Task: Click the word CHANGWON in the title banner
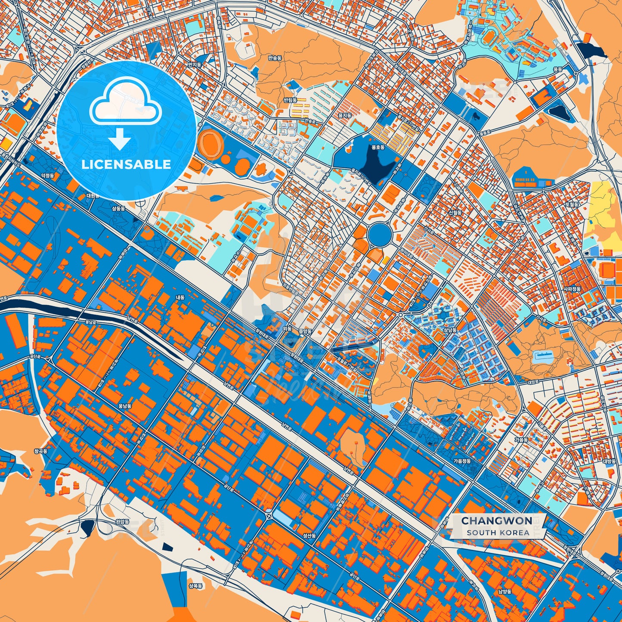pyautogui.click(x=497, y=521)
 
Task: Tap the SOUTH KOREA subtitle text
pyautogui.click(x=498, y=532)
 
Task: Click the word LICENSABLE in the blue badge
pyautogui.click(x=126, y=164)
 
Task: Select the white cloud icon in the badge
pyautogui.click(x=125, y=102)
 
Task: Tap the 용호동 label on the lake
pyautogui.click(x=378, y=147)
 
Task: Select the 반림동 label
pyautogui.click(x=290, y=100)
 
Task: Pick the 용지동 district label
pyautogui.click(x=345, y=116)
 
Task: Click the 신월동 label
pyautogui.click(x=455, y=213)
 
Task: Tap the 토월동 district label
pyautogui.click(x=572, y=204)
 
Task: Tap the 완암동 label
pyautogui.click(x=123, y=521)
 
